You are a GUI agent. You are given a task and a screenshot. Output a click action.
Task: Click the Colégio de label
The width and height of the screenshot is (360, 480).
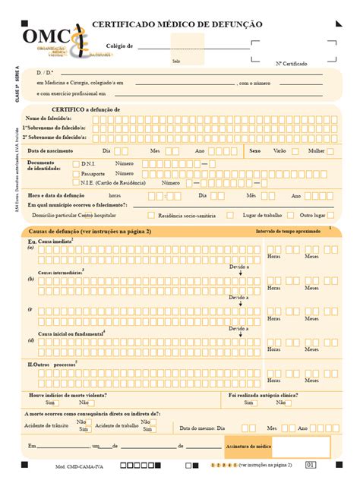tap(119, 46)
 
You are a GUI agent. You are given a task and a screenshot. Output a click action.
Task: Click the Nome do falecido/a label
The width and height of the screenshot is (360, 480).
tap(49, 118)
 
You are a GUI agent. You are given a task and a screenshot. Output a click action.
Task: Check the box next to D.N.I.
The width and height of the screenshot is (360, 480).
tap(74, 163)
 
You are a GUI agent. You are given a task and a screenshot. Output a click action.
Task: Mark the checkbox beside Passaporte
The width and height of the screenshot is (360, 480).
tap(74, 173)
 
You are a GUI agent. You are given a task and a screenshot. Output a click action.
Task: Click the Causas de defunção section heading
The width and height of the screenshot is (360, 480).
tap(90, 231)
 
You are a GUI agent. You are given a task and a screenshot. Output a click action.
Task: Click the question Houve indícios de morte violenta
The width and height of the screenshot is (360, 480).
tap(68, 395)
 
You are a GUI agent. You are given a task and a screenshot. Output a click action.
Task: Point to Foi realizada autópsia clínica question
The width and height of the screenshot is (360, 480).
tap(263, 395)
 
